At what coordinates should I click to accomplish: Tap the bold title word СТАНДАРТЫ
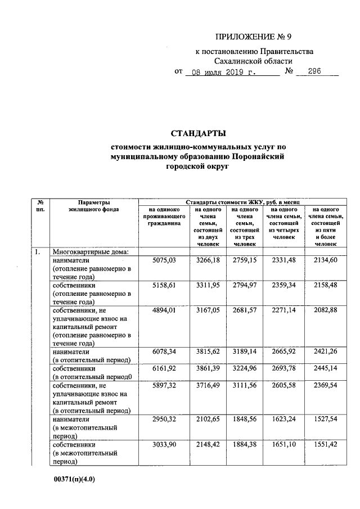(x=198, y=133)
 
